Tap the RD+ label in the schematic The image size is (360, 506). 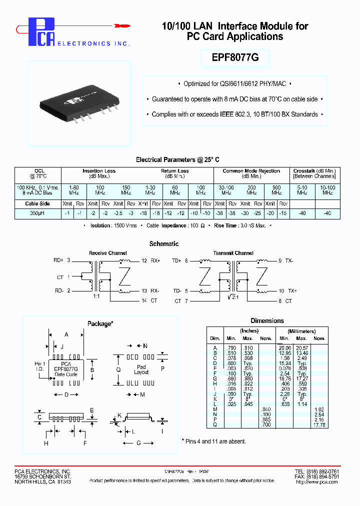[x=58, y=260]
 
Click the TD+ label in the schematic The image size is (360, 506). [x=176, y=260]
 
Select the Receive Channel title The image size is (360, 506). [x=107, y=253]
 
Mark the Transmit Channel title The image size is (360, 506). [x=233, y=253]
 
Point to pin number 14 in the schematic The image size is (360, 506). [x=144, y=300]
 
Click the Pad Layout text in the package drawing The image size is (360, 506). [x=141, y=369]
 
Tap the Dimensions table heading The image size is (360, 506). [x=267, y=320]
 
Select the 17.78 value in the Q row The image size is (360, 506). [x=319, y=425]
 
